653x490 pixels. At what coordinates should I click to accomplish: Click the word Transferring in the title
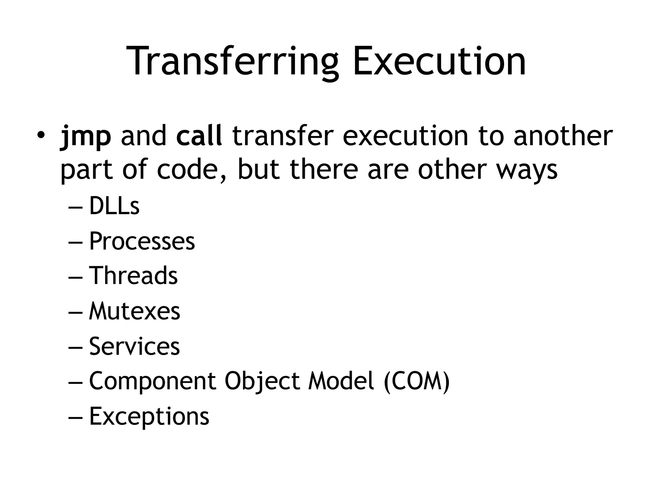click(233, 61)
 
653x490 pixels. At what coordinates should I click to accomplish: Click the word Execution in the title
click(439, 61)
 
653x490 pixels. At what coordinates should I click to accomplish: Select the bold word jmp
click(85, 137)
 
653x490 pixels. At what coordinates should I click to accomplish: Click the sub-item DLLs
click(114, 206)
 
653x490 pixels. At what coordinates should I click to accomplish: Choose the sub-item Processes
click(142, 241)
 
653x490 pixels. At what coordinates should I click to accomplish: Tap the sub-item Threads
click(133, 276)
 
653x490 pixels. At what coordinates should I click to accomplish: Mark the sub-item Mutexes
click(135, 311)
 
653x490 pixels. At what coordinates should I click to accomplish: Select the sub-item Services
click(134, 346)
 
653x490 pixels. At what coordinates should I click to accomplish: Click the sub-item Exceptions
click(149, 416)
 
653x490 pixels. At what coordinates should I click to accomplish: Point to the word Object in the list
click(262, 381)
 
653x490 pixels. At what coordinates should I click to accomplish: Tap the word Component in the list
click(153, 381)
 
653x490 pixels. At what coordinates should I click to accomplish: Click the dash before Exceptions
click(75, 417)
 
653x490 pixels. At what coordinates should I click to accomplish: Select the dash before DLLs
click(75, 207)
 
